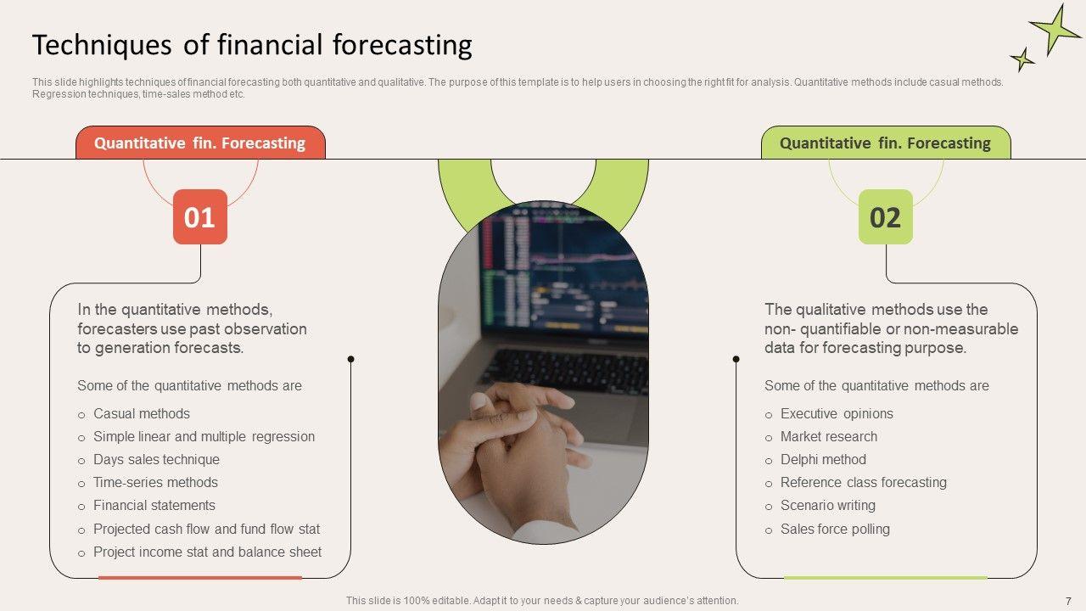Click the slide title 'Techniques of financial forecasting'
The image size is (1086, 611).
[252, 45]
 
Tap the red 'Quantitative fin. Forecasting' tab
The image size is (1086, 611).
[200, 143]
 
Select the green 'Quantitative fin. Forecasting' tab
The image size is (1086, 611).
[886, 143]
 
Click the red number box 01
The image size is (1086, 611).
[199, 216]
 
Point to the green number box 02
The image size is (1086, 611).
[885, 216]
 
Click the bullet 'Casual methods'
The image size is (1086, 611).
[142, 413]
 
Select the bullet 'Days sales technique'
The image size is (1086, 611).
[156, 459]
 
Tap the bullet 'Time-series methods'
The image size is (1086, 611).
[155, 483]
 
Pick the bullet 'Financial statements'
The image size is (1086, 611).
[154, 505]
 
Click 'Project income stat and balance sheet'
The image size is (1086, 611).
[207, 552]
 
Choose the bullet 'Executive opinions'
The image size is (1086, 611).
[837, 413]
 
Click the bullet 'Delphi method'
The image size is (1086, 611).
[823, 459]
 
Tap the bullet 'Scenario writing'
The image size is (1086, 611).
[828, 505]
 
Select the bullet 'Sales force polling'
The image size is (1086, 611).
[836, 529]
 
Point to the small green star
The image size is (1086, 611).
[1022, 59]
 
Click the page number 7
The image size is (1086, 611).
[1068, 601]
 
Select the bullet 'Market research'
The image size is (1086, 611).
[829, 436]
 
